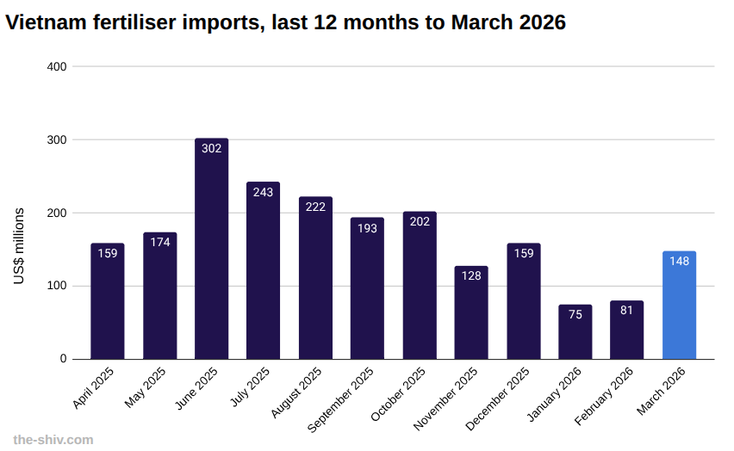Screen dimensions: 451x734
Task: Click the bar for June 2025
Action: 211,250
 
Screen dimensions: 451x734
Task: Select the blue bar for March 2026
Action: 679,306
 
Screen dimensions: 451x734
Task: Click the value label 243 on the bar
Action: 263,192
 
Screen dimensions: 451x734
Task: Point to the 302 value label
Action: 211,148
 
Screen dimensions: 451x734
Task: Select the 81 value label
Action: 626,310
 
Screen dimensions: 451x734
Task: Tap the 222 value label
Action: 315,207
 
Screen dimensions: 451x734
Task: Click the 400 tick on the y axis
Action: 57,66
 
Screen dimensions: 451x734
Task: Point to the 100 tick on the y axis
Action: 57,286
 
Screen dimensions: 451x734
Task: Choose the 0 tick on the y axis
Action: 63,359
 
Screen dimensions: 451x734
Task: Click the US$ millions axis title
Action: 19,246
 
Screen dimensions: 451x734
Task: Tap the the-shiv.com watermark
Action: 53,440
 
